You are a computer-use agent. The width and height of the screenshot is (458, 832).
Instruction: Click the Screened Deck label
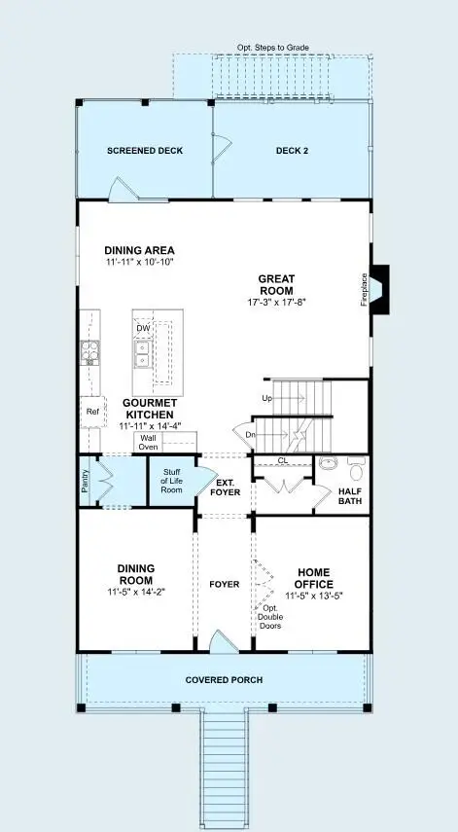click(x=145, y=151)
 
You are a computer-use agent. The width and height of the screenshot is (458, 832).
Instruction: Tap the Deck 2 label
click(x=292, y=151)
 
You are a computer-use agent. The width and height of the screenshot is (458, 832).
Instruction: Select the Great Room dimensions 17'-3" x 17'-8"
click(x=276, y=303)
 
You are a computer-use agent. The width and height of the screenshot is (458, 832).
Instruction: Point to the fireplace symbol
click(x=379, y=289)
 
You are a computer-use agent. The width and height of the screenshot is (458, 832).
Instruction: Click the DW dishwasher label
click(x=143, y=328)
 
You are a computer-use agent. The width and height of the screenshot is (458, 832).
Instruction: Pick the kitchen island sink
click(x=143, y=357)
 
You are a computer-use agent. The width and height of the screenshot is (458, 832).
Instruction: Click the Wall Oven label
click(x=148, y=442)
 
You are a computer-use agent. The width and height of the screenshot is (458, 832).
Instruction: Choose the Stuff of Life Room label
click(x=171, y=482)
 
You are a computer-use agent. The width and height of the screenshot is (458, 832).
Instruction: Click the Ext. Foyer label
click(x=225, y=487)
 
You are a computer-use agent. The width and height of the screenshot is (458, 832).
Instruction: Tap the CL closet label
click(x=282, y=460)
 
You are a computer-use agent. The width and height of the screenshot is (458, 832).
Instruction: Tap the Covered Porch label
click(x=224, y=679)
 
